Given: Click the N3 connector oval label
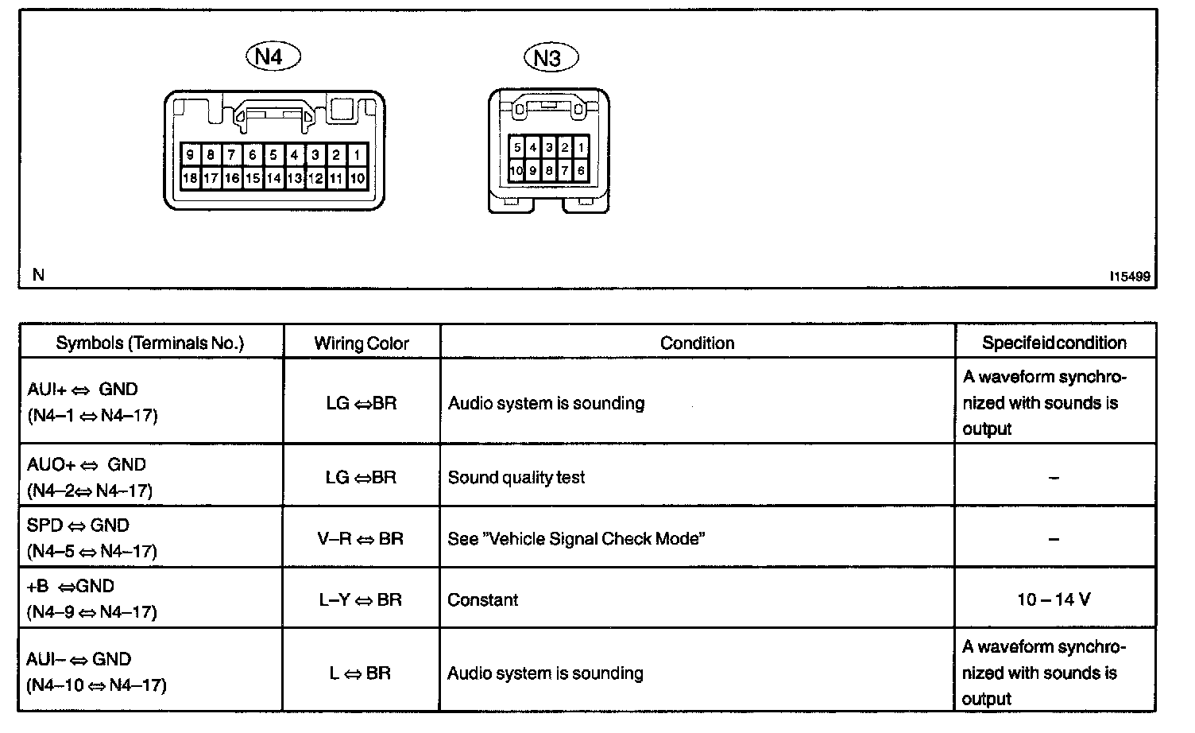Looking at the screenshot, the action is tap(551, 57).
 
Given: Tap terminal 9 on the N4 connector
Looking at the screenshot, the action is tap(190, 155).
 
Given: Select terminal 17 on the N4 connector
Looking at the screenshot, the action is tap(211, 178).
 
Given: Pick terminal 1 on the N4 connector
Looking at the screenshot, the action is tap(358, 155).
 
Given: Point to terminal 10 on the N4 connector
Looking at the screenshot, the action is tap(358, 178).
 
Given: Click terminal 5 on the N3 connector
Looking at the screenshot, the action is tap(517, 148).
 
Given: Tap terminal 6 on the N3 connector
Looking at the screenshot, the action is tap(581, 170).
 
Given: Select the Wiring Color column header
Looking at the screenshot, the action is tap(362, 343).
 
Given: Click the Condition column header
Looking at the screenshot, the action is tap(697, 343).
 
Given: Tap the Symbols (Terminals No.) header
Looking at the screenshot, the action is tap(150, 343).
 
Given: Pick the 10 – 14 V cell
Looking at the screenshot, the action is tap(1054, 599).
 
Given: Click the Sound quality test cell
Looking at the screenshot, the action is tap(516, 478).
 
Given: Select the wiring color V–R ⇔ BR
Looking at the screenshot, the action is tap(361, 539).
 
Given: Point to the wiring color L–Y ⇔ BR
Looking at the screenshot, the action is tap(361, 599).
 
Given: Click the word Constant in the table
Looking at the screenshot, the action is tap(482, 599).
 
